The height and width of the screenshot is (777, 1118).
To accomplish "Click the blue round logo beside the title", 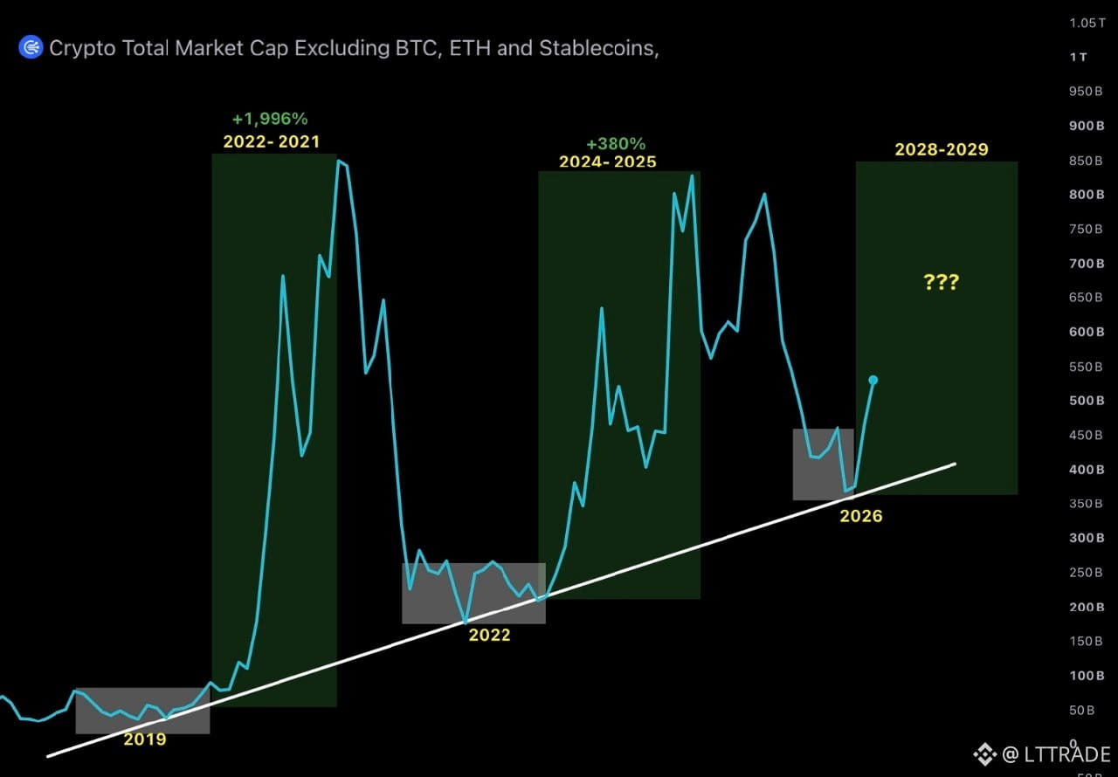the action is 31,47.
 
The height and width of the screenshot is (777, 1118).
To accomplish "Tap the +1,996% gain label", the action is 270,119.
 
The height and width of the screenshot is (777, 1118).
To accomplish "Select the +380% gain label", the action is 616,144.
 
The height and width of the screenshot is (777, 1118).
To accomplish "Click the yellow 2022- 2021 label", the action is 271,141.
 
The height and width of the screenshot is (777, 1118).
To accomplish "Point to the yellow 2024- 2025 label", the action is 607,162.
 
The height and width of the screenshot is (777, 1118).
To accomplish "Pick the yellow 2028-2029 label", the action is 942,149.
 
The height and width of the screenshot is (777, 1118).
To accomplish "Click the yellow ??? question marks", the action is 942,282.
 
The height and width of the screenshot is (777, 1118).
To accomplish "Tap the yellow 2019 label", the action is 145,739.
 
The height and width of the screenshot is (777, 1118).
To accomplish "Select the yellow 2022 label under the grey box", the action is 490,635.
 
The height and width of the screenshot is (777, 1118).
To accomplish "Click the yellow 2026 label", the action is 861,516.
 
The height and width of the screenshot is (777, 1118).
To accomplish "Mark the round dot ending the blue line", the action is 873,380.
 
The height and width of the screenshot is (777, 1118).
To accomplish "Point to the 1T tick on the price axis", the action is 1079,58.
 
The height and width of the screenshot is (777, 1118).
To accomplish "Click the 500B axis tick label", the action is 1087,401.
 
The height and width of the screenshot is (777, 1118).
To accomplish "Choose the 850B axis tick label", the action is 1086,161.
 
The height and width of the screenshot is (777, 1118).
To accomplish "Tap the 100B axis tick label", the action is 1087,676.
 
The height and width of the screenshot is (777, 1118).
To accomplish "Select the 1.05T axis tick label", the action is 1087,23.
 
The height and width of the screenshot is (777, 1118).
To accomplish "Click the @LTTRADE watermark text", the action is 1056,754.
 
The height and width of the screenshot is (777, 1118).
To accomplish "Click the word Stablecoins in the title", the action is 599,48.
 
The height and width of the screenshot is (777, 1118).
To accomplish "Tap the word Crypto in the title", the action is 82,49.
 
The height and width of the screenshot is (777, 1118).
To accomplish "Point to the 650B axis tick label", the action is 1086,297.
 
